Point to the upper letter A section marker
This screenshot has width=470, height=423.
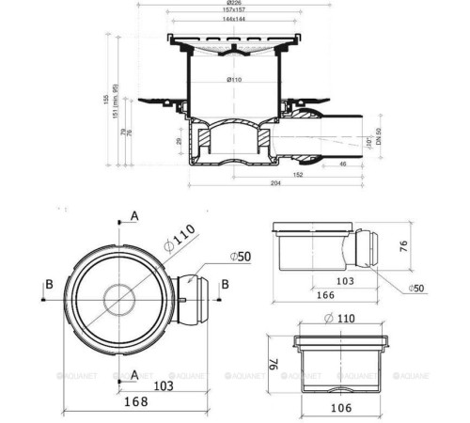134,216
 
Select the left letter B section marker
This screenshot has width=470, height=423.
48,281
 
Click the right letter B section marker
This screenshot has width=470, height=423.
224,282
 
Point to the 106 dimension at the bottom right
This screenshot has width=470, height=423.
340,407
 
